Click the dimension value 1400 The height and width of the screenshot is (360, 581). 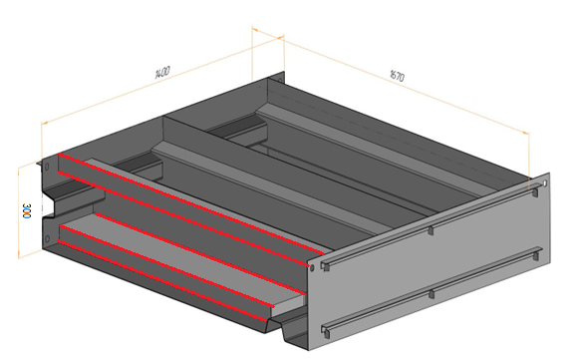tap(161, 72)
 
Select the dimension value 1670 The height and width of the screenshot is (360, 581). tap(398, 75)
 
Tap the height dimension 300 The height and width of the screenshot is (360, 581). tap(27, 210)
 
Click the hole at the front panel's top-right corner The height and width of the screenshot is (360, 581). tap(545, 183)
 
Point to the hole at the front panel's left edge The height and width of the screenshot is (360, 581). tap(312, 267)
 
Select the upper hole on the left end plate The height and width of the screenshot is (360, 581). tap(47, 167)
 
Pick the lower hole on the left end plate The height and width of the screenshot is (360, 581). tap(47, 238)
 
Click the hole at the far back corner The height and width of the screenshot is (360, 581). tap(280, 80)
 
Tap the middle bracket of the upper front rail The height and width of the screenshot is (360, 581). tap(431, 230)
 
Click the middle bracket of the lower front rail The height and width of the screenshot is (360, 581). tap(431, 294)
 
